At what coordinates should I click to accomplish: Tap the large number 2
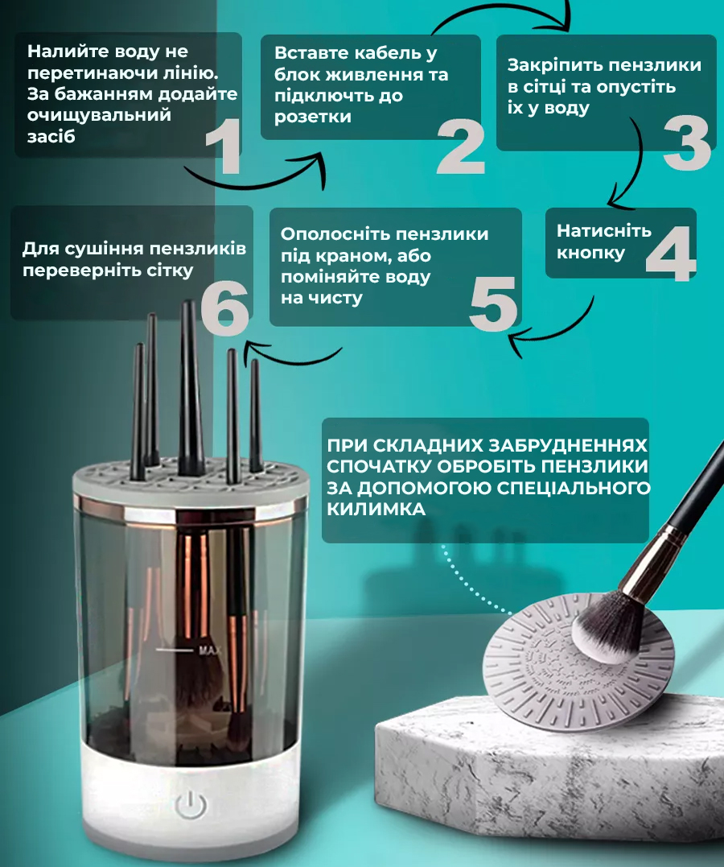(461, 147)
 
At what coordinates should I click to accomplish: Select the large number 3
(686, 142)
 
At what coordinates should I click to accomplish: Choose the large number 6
(225, 308)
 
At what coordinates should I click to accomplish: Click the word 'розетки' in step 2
(313, 117)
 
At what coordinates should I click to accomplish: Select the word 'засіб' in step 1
(51, 137)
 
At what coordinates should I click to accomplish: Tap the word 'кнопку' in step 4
(590, 253)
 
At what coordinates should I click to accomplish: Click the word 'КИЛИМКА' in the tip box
(376, 509)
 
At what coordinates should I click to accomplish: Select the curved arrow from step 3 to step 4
(636, 166)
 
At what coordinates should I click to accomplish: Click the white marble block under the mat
(547, 779)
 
